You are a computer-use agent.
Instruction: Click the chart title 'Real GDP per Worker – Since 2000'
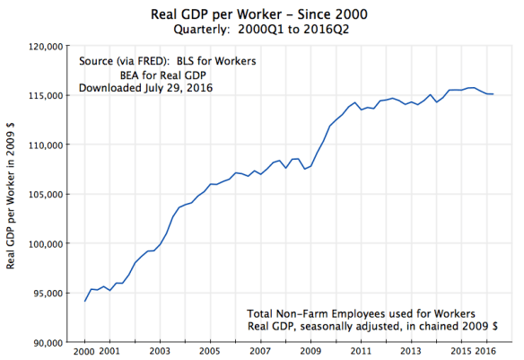pos(261,14)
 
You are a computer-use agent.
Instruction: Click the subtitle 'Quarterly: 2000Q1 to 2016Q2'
pos(261,30)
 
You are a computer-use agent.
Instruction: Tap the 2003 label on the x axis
pos(160,351)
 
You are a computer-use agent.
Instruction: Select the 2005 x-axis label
pos(210,351)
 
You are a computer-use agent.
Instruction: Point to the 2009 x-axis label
pos(310,351)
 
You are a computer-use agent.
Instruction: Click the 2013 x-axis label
pos(410,351)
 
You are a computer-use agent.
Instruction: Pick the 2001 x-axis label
pos(109,351)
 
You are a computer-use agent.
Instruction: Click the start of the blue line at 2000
pos(85,301)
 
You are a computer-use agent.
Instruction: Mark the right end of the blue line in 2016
pos(493,93)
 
